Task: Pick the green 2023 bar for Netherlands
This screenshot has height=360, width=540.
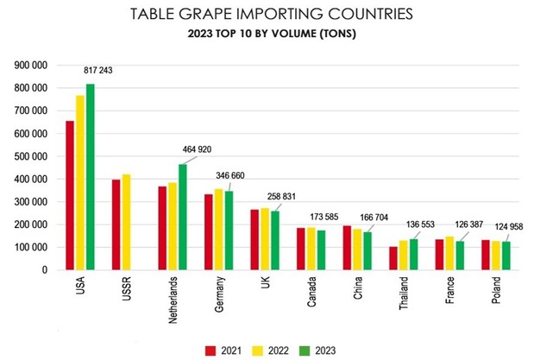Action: pos(183,217)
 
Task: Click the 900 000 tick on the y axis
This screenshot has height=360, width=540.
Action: pos(32,66)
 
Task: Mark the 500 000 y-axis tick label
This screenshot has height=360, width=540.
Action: pos(32,156)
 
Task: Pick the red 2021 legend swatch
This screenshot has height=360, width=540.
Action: pos(210,351)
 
